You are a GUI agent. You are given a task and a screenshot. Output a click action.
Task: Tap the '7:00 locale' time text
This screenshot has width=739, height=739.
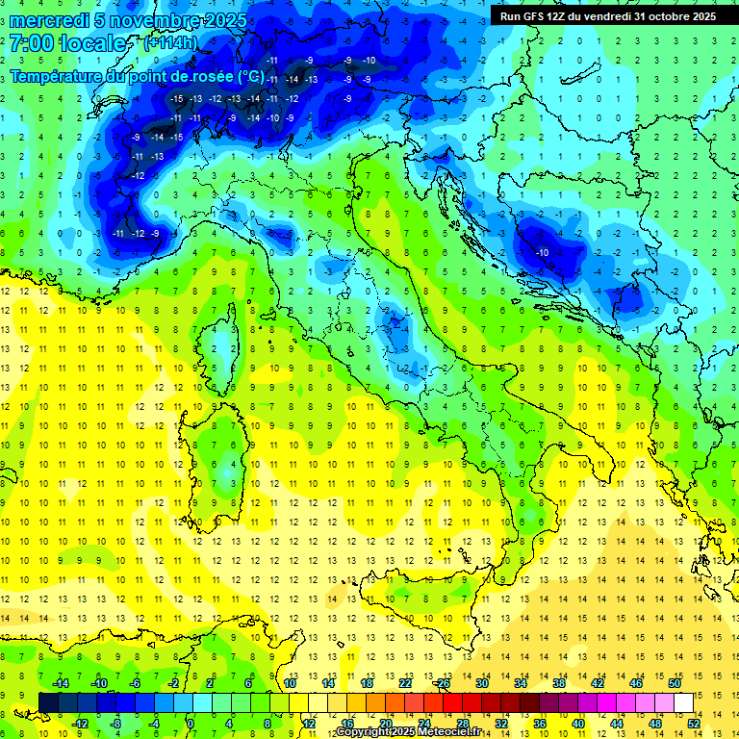(68, 44)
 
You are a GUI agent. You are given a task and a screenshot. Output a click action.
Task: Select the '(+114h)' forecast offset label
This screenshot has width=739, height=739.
(171, 43)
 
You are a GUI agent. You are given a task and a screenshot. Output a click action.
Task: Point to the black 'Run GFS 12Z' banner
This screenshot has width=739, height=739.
(607, 16)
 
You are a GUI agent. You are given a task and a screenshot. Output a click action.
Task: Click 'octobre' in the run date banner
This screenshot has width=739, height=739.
(664, 16)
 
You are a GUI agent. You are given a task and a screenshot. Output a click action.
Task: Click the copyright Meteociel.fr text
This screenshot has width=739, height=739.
(408, 732)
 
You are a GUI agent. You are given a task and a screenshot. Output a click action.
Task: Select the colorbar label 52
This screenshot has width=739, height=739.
(694, 724)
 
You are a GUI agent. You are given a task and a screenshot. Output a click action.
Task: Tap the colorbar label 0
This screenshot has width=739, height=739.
(191, 724)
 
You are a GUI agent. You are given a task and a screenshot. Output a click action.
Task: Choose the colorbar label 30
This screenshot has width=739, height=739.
(482, 683)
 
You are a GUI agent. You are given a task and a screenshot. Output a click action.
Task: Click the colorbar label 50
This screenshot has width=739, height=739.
(675, 683)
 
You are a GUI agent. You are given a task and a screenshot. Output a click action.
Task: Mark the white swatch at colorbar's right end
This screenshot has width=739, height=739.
(684, 702)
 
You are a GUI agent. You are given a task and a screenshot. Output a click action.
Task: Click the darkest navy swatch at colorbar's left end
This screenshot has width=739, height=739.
(49, 702)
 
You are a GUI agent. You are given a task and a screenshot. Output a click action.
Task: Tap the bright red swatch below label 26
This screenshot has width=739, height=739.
(453, 702)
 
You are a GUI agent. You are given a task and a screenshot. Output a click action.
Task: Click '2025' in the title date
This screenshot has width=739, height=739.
(224, 20)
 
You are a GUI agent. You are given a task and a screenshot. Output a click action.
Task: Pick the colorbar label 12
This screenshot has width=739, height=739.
(309, 724)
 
